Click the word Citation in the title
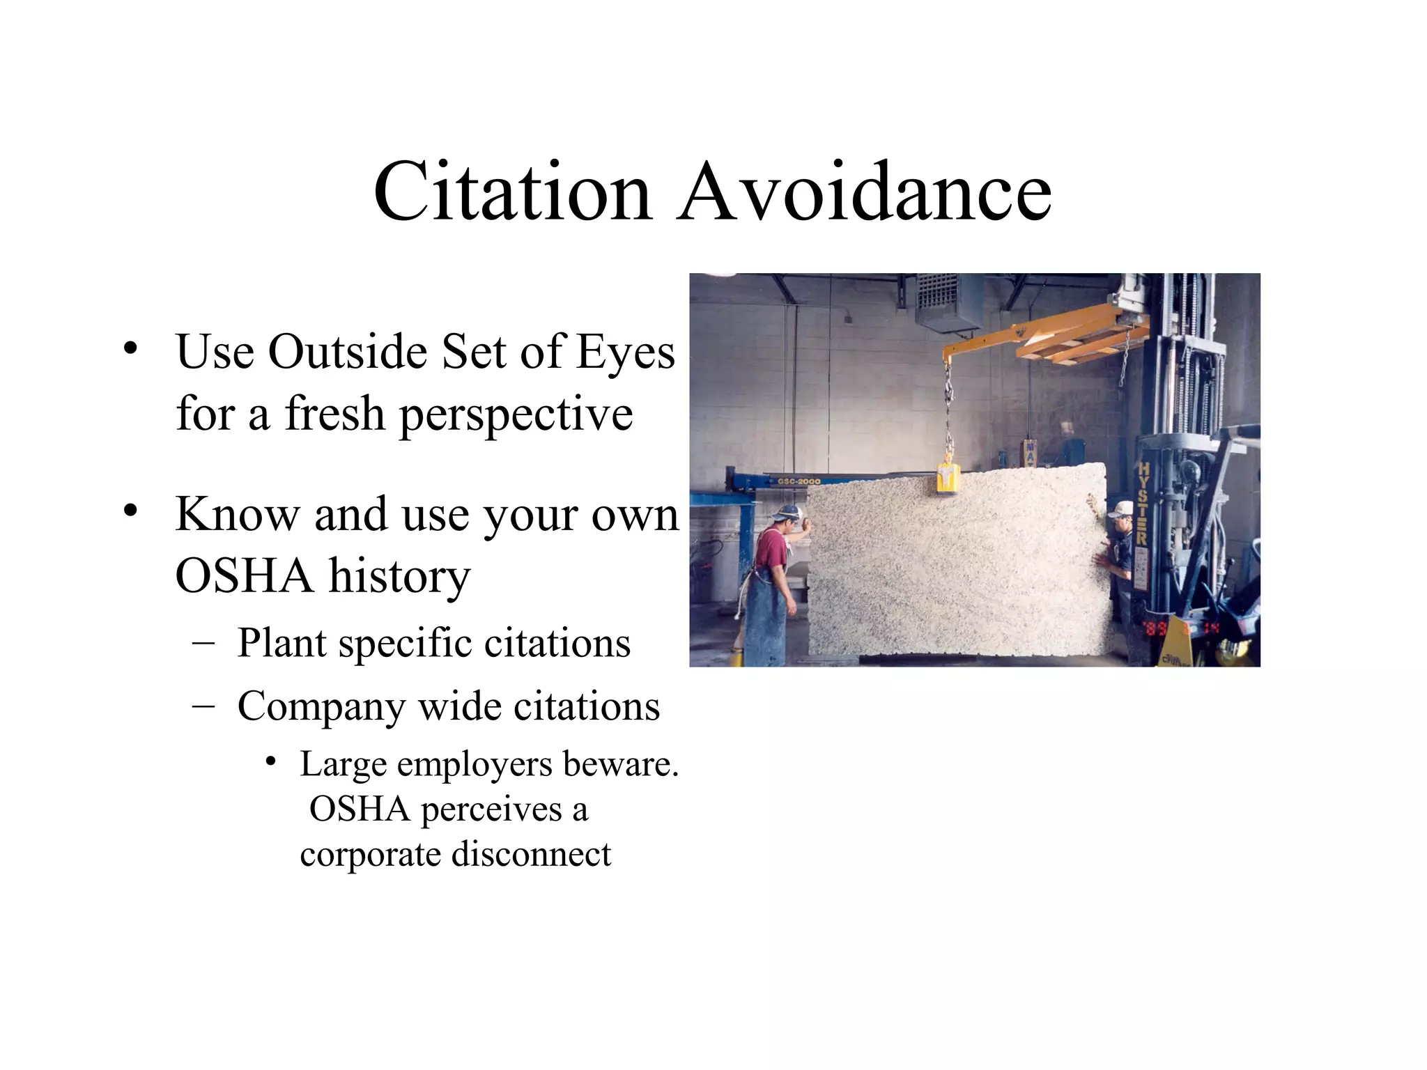click(x=512, y=192)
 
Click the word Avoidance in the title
click(x=864, y=192)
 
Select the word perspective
click(x=516, y=414)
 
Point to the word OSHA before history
click(x=244, y=576)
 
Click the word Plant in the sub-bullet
click(x=282, y=642)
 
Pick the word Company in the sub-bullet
click(x=321, y=707)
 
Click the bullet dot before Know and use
click(x=130, y=511)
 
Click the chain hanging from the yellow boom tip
click(x=948, y=411)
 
